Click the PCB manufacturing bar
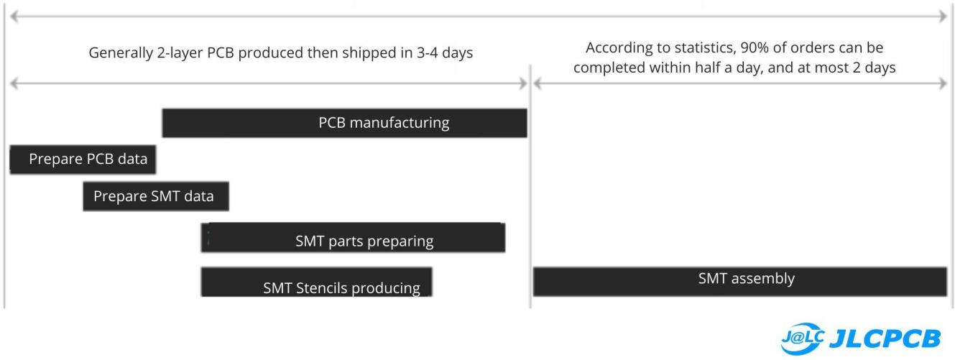344,123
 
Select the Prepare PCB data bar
83,159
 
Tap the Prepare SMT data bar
156,196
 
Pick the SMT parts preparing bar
353,238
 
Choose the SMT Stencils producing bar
316,282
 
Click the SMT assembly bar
739,282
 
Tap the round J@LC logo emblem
803,338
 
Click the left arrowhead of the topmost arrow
14,17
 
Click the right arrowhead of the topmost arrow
943,17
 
